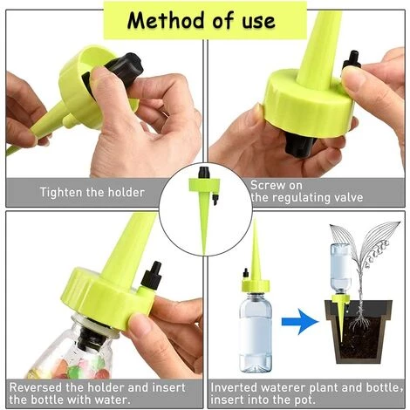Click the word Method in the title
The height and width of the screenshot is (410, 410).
(x=166, y=20)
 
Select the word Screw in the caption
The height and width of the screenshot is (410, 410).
(x=264, y=185)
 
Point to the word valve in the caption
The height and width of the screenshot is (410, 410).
(x=349, y=197)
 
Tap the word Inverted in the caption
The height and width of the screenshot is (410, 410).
(x=234, y=387)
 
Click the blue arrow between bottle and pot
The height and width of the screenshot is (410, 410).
(x=300, y=322)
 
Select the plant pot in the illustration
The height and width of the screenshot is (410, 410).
(x=359, y=331)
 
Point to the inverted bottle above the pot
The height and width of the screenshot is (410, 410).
(x=341, y=269)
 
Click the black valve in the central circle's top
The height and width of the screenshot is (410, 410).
(x=204, y=172)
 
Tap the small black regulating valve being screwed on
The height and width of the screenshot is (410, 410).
(x=352, y=61)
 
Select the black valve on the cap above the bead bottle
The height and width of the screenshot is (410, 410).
(x=152, y=275)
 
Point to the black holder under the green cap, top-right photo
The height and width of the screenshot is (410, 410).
(x=300, y=145)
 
